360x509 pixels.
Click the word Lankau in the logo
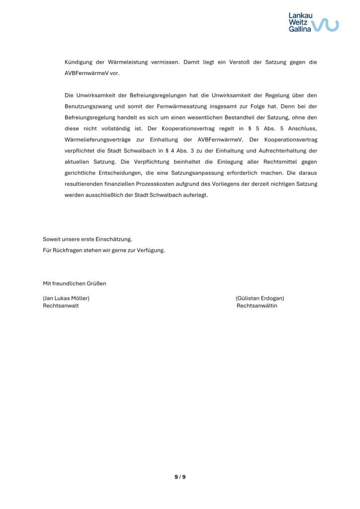click(x=299, y=15)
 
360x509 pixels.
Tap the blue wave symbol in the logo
click(x=328, y=24)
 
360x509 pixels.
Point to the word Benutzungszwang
click(x=89, y=106)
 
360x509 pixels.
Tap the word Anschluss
click(x=300, y=129)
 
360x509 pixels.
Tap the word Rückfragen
click(x=66, y=250)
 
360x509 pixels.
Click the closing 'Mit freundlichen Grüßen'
click(x=75, y=284)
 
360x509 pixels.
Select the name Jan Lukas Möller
click(x=66, y=298)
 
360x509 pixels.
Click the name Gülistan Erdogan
click(x=260, y=298)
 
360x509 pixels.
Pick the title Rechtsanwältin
click(x=257, y=306)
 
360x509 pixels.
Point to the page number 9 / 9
click(x=180, y=477)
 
